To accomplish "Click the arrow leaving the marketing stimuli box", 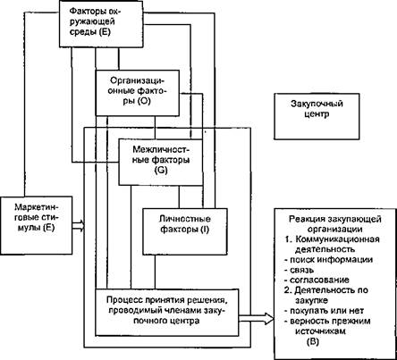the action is [79, 225].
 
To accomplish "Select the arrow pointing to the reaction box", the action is [256, 319].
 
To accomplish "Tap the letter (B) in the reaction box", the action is [313, 341].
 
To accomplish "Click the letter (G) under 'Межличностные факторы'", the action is [161, 171].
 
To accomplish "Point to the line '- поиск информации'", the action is [328, 260].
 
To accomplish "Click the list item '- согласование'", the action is [317, 280].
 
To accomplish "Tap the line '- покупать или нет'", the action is [324, 311].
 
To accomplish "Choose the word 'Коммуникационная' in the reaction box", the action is [338, 239].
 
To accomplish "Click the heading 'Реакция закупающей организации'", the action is [335, 224].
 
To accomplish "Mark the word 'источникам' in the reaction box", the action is [320, 331].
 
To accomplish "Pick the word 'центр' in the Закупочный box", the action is [317, 114].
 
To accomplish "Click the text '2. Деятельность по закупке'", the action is [326, 295].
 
